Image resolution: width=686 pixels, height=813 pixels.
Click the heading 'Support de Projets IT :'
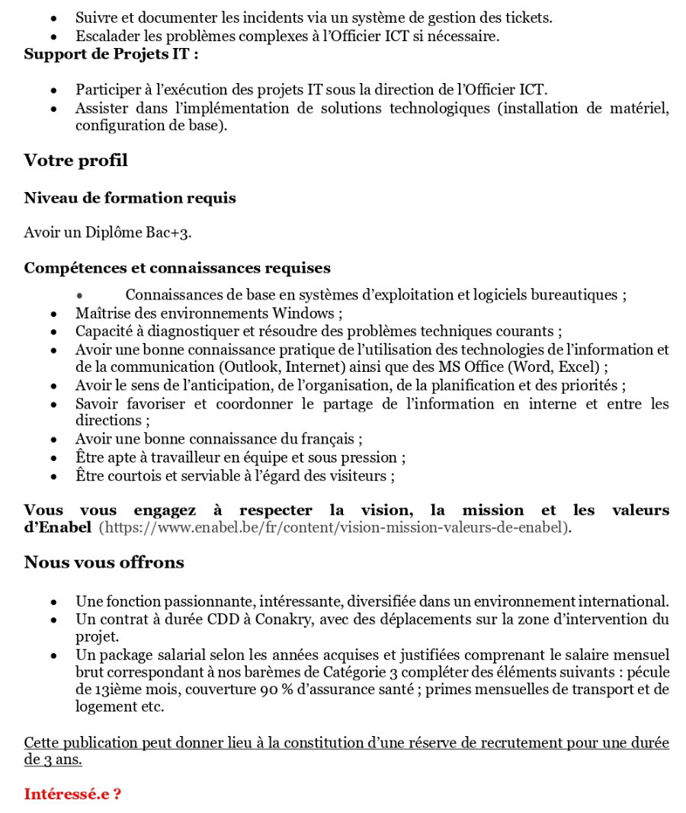click(112, 54)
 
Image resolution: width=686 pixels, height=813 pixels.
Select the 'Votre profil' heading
click(75, 161)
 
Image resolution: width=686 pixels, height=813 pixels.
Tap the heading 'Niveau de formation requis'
click(130, 198)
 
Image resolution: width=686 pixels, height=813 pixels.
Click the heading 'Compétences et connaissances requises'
click(177, 268)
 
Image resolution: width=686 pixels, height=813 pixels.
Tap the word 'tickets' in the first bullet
click(527, 16)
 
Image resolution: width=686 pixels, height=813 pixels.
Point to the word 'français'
click(328, 439)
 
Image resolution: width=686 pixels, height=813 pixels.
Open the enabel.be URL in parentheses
click(335, 527)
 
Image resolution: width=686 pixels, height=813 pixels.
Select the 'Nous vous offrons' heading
click(104, 562)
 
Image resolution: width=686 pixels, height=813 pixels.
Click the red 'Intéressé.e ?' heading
click(72, 794)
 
